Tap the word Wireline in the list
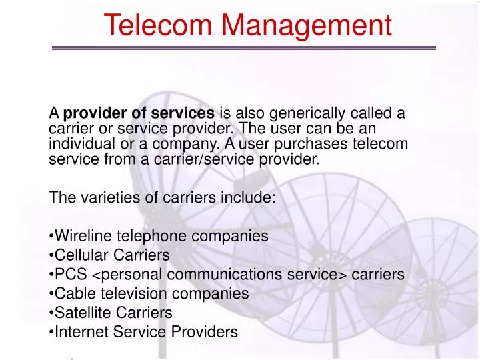pos(81,235)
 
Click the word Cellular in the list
pos(79,255)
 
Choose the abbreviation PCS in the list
pos(68,274)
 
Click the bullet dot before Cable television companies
pos(51,293)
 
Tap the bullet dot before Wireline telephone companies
pos(51,236)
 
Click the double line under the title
pos(243,48)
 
